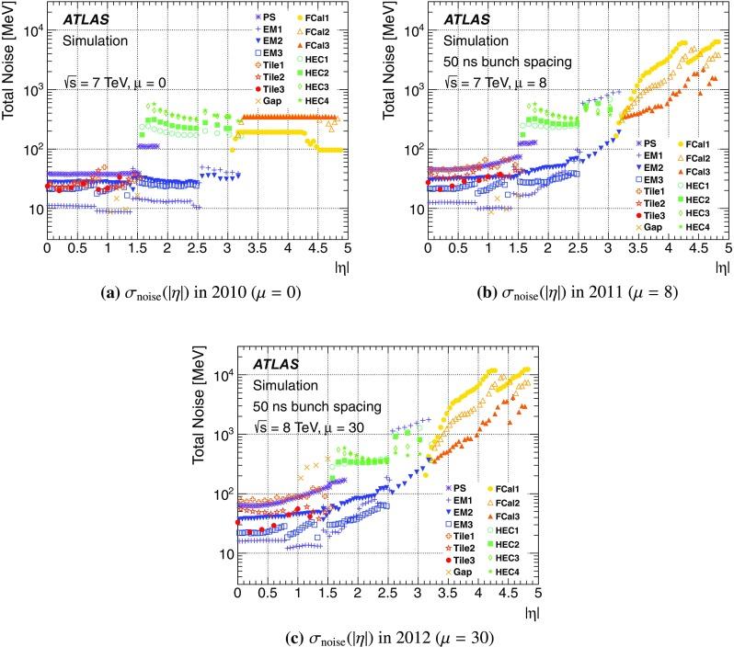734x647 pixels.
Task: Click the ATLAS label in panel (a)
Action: point(86,19)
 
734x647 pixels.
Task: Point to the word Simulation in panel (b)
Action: point(474,40)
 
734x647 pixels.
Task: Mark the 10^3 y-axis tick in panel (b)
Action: point(409,89)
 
